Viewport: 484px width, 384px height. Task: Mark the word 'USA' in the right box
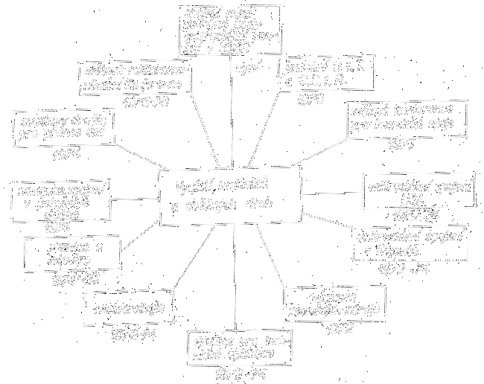pos(402,200)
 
